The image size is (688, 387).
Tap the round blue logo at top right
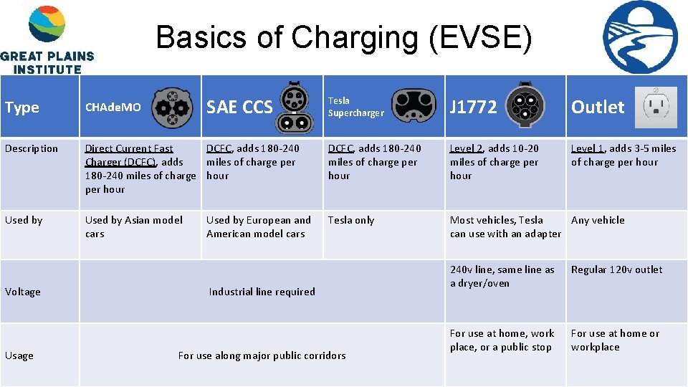pos(640,37)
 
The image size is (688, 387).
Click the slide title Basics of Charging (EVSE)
pos(344,37)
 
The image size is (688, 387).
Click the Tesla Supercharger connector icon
pos(415,106)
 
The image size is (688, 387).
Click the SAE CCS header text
pos(239,107)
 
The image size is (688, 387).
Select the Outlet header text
pos(598,107)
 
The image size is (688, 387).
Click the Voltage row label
pos(23,292)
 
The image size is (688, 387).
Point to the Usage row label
pos(19,355)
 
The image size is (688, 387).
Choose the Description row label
pos(32,149)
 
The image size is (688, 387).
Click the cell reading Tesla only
pos(351,220)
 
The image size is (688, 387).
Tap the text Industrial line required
pos(262,292)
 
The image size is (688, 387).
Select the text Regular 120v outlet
pos(616,269)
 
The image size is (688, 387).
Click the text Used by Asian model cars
pos(133,226)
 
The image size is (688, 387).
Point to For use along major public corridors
pos(262,355)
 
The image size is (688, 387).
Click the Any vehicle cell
pos(598,220)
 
